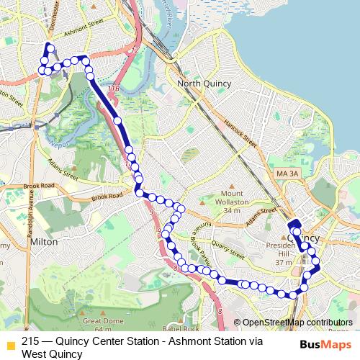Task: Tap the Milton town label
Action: click(44, 243)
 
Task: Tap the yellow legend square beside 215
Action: click(10, 343)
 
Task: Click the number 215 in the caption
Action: click(31, 342)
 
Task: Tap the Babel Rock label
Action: click(177, 318)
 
